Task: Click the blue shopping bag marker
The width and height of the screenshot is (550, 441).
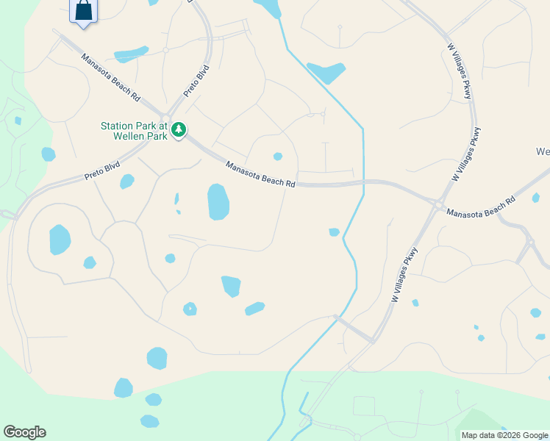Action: pos(83,11)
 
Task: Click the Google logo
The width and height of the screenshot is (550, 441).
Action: pos(24,432)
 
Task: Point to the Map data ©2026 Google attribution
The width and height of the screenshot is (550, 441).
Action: pos(504,435)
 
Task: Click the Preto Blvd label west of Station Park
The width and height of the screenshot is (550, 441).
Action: pos(102,171)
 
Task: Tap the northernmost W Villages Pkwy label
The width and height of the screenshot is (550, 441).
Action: pos(458,72)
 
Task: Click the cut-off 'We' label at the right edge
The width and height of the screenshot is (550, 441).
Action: pos(543,152)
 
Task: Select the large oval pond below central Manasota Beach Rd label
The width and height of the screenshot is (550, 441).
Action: pos(218,202)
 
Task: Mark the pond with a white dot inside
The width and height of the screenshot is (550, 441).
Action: pos(190,309)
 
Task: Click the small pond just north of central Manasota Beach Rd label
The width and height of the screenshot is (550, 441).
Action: pos(278,156)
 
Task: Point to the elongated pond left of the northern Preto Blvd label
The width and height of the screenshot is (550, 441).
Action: pos(132,54)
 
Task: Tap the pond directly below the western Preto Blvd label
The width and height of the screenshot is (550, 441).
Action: pos(127,181)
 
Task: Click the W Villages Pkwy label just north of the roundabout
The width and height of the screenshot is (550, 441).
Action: pos(467,154)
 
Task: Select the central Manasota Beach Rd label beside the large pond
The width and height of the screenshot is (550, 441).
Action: pos(260,175)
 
